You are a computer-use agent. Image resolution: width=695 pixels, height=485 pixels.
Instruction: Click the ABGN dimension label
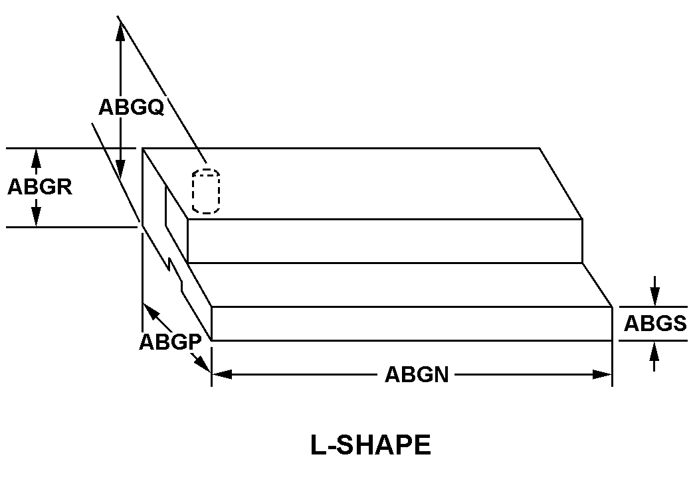tap(417, 375)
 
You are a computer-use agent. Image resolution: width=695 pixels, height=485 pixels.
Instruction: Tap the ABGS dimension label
tap(654, 324)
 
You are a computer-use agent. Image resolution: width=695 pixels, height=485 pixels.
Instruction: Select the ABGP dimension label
tap(169, 342)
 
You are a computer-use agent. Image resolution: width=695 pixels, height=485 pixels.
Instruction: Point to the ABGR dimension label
tap(39, 187)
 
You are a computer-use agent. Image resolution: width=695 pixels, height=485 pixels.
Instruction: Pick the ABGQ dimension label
tap(131, 107)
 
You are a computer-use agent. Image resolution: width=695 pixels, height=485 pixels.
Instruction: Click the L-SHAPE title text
tap(370, 445)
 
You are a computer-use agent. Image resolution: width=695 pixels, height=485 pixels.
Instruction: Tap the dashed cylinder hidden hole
tap(206, 192)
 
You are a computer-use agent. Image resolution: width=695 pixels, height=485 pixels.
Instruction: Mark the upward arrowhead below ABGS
tap(655, 350)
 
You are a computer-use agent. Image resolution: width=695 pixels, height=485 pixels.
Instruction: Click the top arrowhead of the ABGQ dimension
tap(120, 29)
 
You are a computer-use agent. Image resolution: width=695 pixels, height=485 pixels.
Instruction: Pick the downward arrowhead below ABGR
tap(36, 218)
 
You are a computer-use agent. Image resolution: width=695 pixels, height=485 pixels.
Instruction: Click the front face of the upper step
tap(385, 240)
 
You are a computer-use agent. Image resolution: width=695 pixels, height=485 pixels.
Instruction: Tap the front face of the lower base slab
tap(411, 324)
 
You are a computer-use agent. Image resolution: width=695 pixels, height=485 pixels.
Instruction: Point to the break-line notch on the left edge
tap(176, 275)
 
